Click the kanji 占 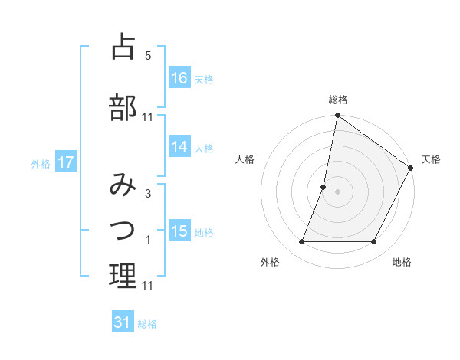point(123,47)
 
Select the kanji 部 point(123,106)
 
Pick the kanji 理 point(123,277)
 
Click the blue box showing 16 point(179,77)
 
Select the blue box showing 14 point(179,147)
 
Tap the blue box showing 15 point(179,231)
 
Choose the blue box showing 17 point(65,162)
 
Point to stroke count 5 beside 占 point(148,55)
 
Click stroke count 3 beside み point(148,193)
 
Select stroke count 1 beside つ point(148,240)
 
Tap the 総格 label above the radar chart point(337,100)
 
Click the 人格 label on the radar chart point(245,159)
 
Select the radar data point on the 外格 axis point(301,242)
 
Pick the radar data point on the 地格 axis point(374,242)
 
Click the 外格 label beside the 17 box point(41,163)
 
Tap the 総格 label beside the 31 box point(147,323)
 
